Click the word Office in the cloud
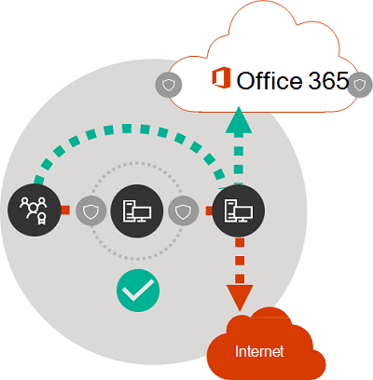[269, 80]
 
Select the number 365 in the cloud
[328, 80]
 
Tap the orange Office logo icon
[221, 78]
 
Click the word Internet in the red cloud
[259, 351]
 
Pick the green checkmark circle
[138, 291]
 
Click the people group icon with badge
[35, 210]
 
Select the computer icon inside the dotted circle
[137, 210]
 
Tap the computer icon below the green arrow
[239, 210]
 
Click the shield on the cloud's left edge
[169, 85]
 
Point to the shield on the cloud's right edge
[360, 85]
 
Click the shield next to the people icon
[90, 211]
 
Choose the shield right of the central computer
[184, 211]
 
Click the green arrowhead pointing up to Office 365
[239, 120]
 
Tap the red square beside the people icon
[65, 210]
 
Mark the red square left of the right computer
[210, 210]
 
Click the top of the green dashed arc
[127, 129]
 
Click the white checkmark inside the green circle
[138, 291]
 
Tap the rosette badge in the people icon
[41, 218]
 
